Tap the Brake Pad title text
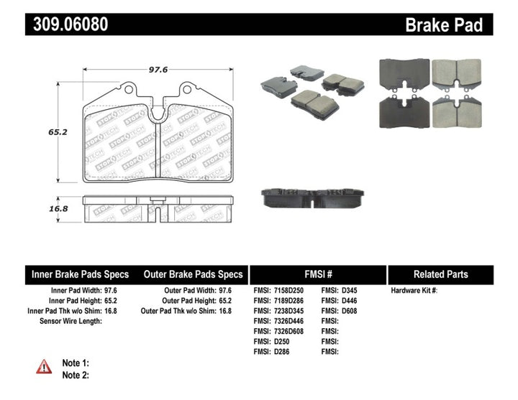point(444,25)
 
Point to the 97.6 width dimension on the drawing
point(158,69)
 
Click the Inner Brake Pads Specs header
point(80,274)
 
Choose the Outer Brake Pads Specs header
point(194,274)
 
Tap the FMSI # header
point(317,274)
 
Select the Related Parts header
point(440,274)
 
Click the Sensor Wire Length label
point(71,321)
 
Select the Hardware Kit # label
point(414,291)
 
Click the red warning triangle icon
point(45,366)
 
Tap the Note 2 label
point(76,375)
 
